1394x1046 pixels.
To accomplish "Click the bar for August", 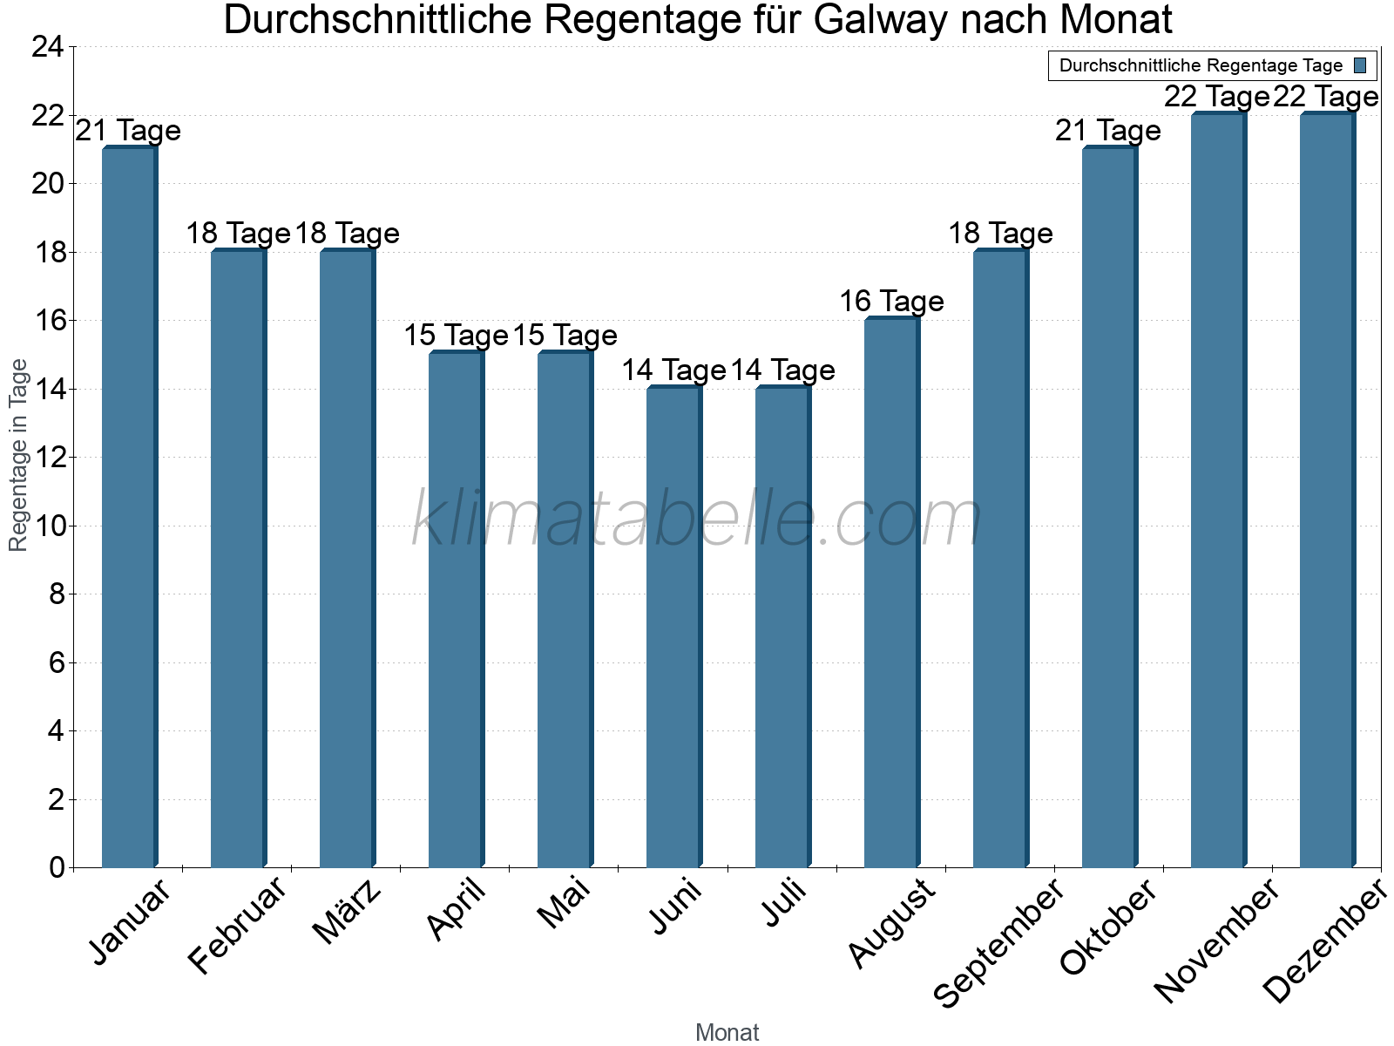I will click(x=891, y=593).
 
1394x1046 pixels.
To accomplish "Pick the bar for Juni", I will click(x=673, y=628).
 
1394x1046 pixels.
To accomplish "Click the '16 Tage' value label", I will click(x=891, y=302).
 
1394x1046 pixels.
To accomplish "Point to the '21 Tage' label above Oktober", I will click(x=1108, y=131).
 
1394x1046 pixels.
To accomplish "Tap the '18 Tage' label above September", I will click(x=1000, y=234).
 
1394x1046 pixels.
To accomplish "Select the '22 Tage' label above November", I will click(x=1216, y=97).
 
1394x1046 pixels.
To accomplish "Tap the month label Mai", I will click(x=565, y=904).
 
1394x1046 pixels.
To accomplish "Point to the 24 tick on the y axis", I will click(x=47, y=47).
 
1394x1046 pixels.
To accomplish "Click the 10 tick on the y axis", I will click(x=47, y=526).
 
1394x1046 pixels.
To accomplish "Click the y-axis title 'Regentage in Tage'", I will click(x=19, y=455).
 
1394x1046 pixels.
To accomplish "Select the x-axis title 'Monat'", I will click(x=727, y=1032).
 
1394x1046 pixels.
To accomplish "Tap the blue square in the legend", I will click(x=1360, y=65).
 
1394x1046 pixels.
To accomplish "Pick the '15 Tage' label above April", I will click(x=456, y=336).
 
